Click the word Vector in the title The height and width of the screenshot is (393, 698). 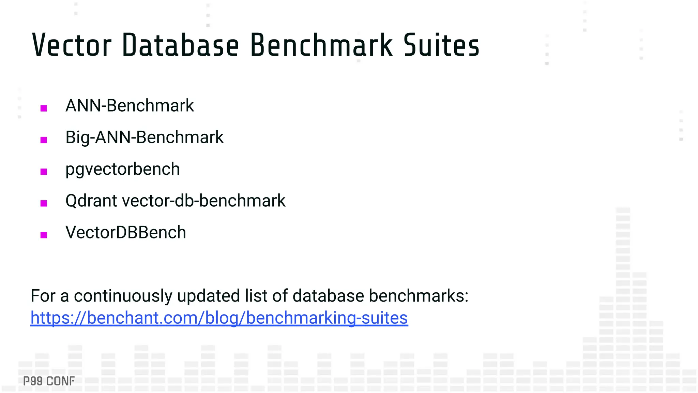click(x=72, y=45)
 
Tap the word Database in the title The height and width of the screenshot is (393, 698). click(x=181, y=45)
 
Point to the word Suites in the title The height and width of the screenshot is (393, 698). click(x=441, y=45)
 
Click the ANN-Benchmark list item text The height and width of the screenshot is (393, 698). click(x=130, y=106)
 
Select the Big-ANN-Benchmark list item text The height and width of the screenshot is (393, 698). click(x=144, y=137)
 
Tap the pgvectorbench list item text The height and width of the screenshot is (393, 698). click(x=122, y=169)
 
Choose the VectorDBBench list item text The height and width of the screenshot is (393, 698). click(x=125, y=233)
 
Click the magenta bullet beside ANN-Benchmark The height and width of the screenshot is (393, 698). click(x=44, y=108)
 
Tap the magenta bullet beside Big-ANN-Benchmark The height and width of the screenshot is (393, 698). click(x=44, y=140)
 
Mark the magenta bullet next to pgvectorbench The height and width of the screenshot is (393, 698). click(x=44, y=172)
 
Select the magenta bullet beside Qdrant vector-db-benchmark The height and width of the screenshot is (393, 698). click(x=44, y=203)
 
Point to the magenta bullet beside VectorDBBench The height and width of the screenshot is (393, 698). click(x=44, y=235)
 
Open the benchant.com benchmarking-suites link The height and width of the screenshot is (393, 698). click(x=219, y=318)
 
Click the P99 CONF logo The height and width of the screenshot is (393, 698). click(x=49, y=381)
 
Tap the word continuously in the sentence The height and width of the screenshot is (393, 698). click(x=123, y=296)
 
